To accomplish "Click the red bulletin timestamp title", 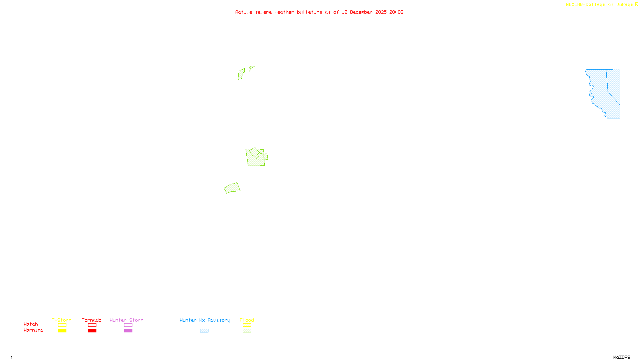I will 319,12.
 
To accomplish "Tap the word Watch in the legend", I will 31,324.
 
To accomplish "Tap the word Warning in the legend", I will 33,330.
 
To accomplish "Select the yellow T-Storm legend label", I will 62,320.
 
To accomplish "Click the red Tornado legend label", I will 92,320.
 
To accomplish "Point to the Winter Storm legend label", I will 126,320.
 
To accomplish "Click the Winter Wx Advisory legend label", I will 205,320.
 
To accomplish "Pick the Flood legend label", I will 247,320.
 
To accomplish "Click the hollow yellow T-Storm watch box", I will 62,325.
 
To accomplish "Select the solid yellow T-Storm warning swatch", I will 62,331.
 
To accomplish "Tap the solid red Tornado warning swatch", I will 92,331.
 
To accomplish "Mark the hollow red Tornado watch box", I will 92,325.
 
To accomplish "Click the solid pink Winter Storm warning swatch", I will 128,331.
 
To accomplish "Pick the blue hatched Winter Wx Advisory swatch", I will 204,331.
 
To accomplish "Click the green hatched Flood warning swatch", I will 247,331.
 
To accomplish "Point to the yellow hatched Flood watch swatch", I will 247,325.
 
